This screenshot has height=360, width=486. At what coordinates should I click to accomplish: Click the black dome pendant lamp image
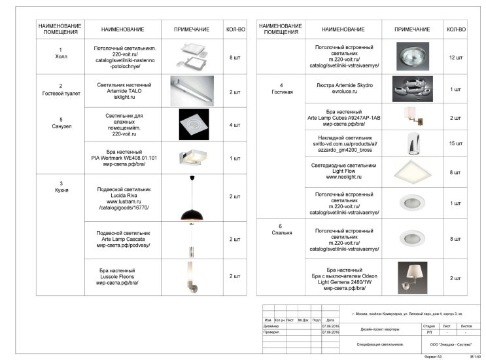pos(192,204)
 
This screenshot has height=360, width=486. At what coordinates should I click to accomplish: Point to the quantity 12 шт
pos(456,58)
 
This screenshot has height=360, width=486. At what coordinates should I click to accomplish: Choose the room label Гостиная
pos(281,89)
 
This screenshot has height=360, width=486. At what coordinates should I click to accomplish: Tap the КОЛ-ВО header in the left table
pos(235,29)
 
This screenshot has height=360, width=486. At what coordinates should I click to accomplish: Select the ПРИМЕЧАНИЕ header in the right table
pos(412,29)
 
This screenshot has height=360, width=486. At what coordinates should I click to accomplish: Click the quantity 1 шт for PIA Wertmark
pos(235,158)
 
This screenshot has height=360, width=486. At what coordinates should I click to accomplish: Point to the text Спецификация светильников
pos(380,344)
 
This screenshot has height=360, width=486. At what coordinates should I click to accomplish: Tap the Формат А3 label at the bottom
pos(433,356)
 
